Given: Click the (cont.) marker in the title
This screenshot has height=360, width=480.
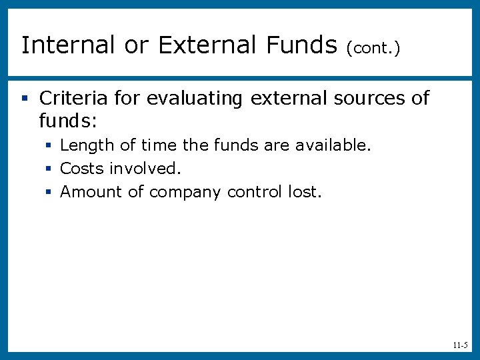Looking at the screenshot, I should (373, 48).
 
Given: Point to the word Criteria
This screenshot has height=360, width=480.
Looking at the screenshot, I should (73, 99).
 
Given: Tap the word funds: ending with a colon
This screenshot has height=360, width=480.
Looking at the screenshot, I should (68, 121).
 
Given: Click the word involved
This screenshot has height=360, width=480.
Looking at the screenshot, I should (145, 169).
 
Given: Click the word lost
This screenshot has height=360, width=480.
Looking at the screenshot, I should (305, 192).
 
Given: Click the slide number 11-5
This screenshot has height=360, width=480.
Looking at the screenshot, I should (460, 345).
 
